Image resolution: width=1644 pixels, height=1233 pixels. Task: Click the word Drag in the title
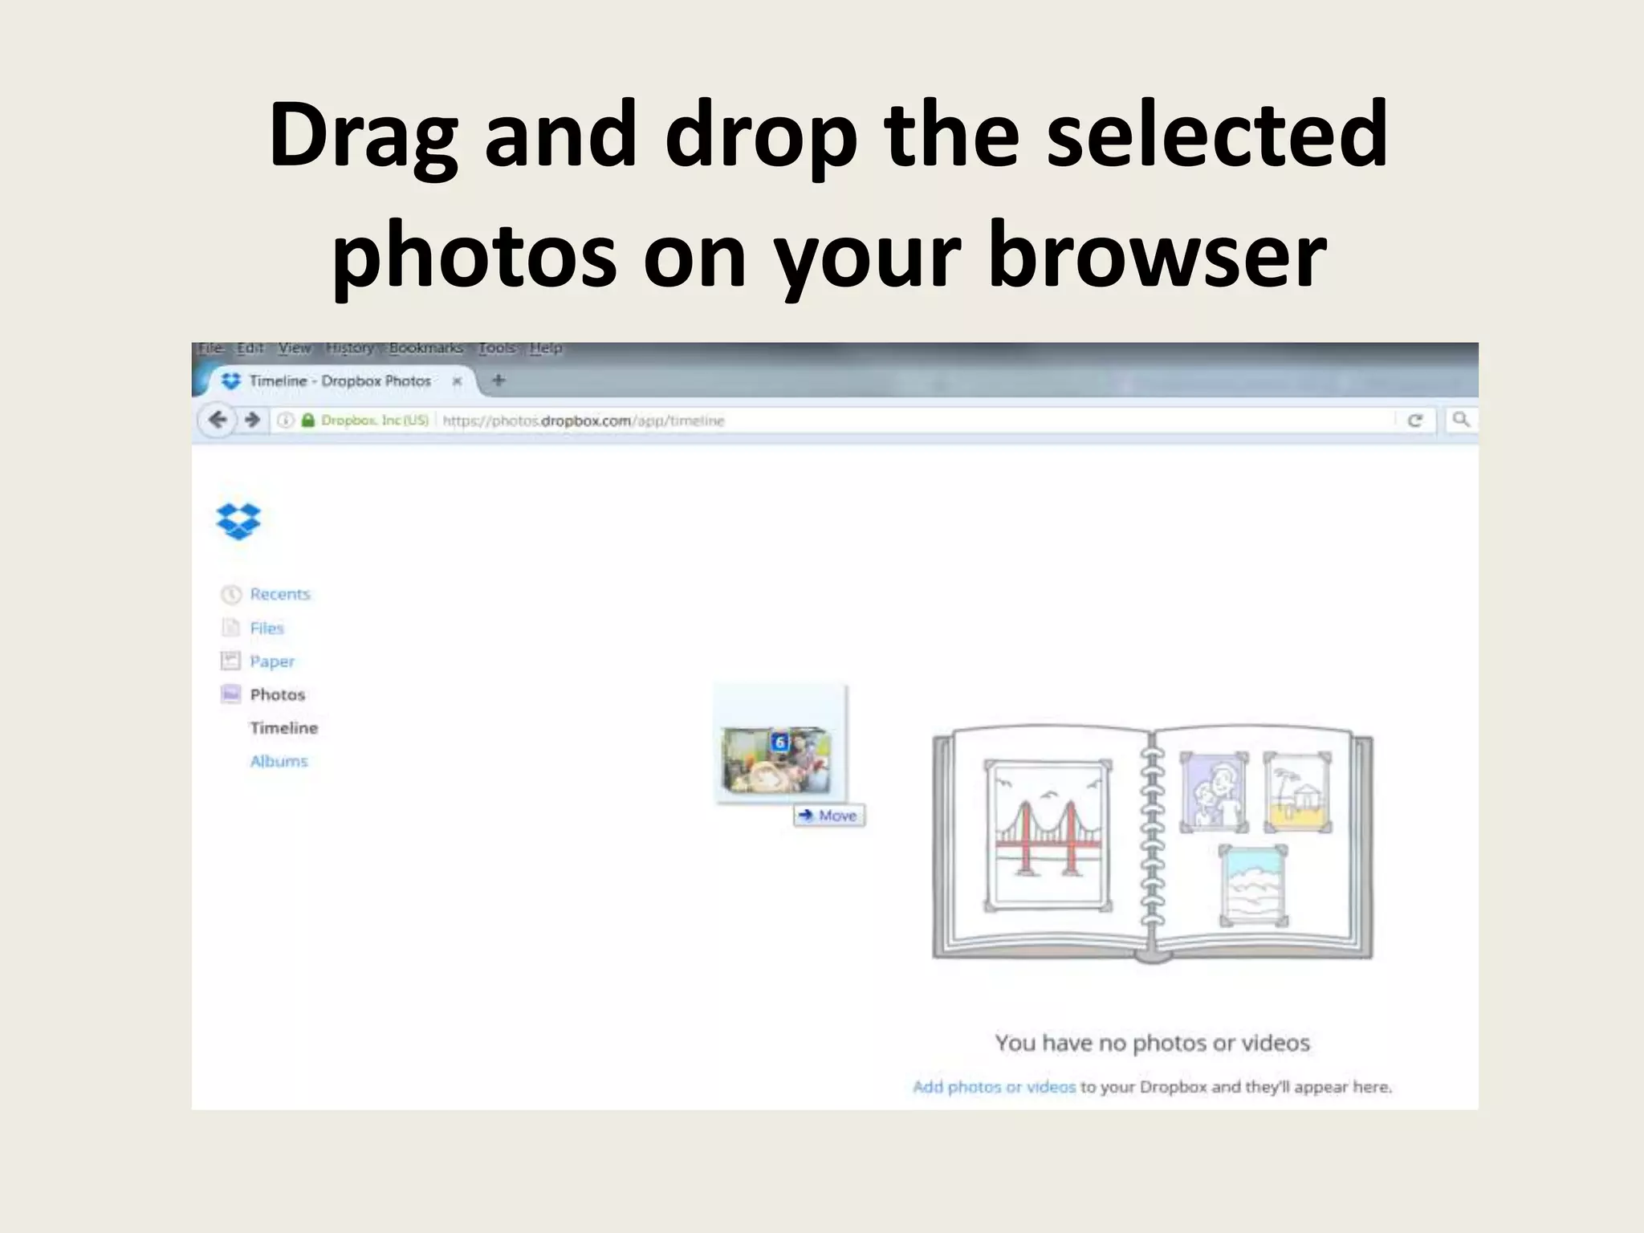tap(364, 135)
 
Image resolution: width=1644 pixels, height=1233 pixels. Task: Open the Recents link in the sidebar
tap(279, 594)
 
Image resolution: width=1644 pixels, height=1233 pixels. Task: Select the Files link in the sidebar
tap(267, 628)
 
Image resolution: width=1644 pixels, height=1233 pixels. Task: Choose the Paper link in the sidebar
tap(271, 661)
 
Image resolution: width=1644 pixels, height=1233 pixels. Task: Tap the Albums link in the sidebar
tap(279, 761)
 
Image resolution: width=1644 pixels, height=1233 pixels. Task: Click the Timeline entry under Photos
tap(283, 728)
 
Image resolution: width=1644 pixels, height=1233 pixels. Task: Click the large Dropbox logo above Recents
tap(238, 521)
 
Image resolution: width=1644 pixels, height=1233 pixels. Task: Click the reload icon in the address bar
tap(1415, 420)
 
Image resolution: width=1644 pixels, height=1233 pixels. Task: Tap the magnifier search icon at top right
tap(1461, 419)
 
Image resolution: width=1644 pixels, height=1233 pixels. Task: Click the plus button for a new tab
tap(498, 380)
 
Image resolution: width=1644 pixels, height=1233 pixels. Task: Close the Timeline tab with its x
tap(457, 381)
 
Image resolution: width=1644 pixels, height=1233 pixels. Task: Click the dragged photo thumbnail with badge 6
tap(775, 759)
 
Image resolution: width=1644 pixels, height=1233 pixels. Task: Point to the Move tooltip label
tap(829, 816)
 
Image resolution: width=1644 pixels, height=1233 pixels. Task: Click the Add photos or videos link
tap(993, 1087)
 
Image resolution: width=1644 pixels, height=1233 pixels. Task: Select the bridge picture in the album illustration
tap(1047, 835)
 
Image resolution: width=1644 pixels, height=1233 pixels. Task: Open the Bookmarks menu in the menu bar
tap(425, 348)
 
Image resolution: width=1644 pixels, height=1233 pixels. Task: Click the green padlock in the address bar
tap(307, 420)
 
